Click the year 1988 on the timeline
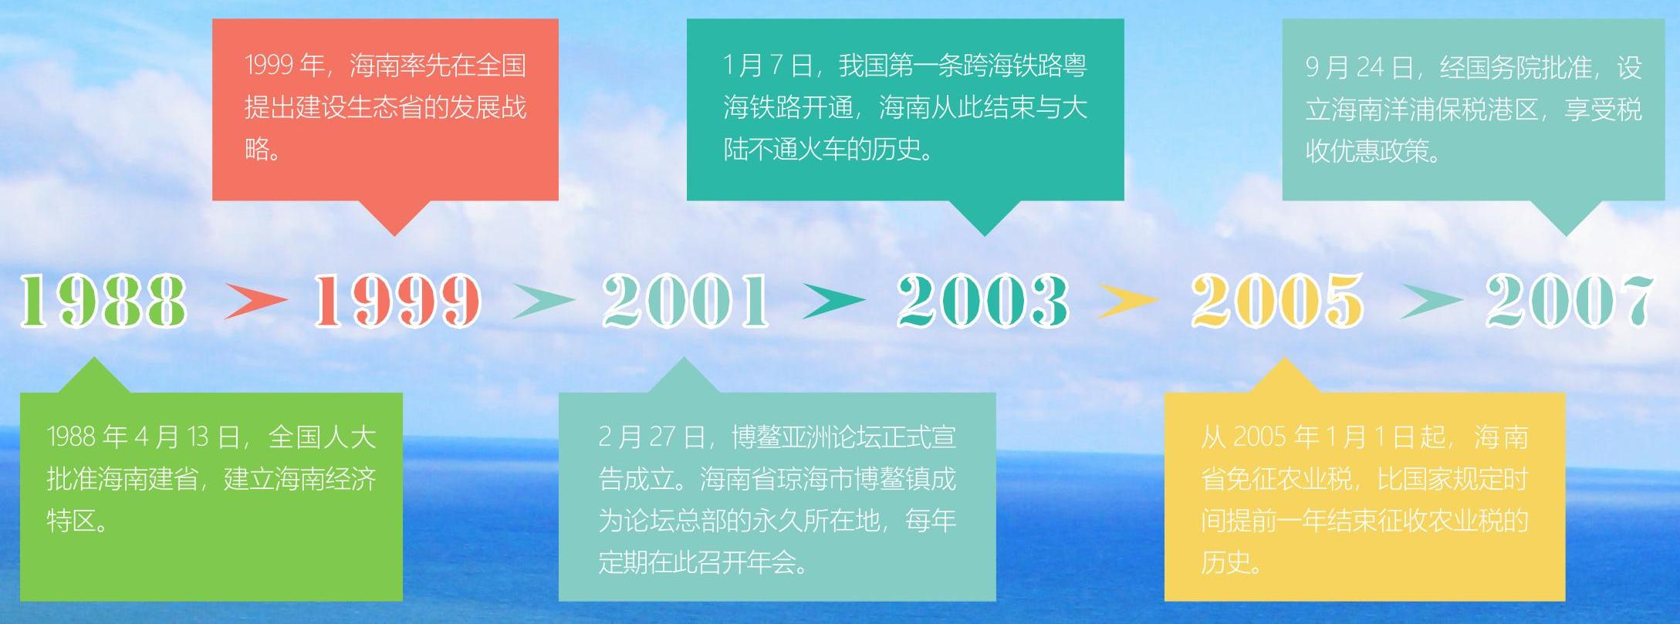[103, 300]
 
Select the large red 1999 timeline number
[397, 300]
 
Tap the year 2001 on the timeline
[685, 300]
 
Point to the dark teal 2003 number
[982, 300]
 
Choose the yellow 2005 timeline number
[1277, 300]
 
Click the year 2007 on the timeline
[1570, 300]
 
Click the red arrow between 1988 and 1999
[255, 300]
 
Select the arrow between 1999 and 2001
[544, 300]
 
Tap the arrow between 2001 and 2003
[834, 300]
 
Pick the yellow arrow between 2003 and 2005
[1128, 300]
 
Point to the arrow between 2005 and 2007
[1432, 300]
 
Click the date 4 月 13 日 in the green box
[187, 437]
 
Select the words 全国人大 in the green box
[323, 437]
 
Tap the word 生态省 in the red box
[385, 106]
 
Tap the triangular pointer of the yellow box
[1283, 376]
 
